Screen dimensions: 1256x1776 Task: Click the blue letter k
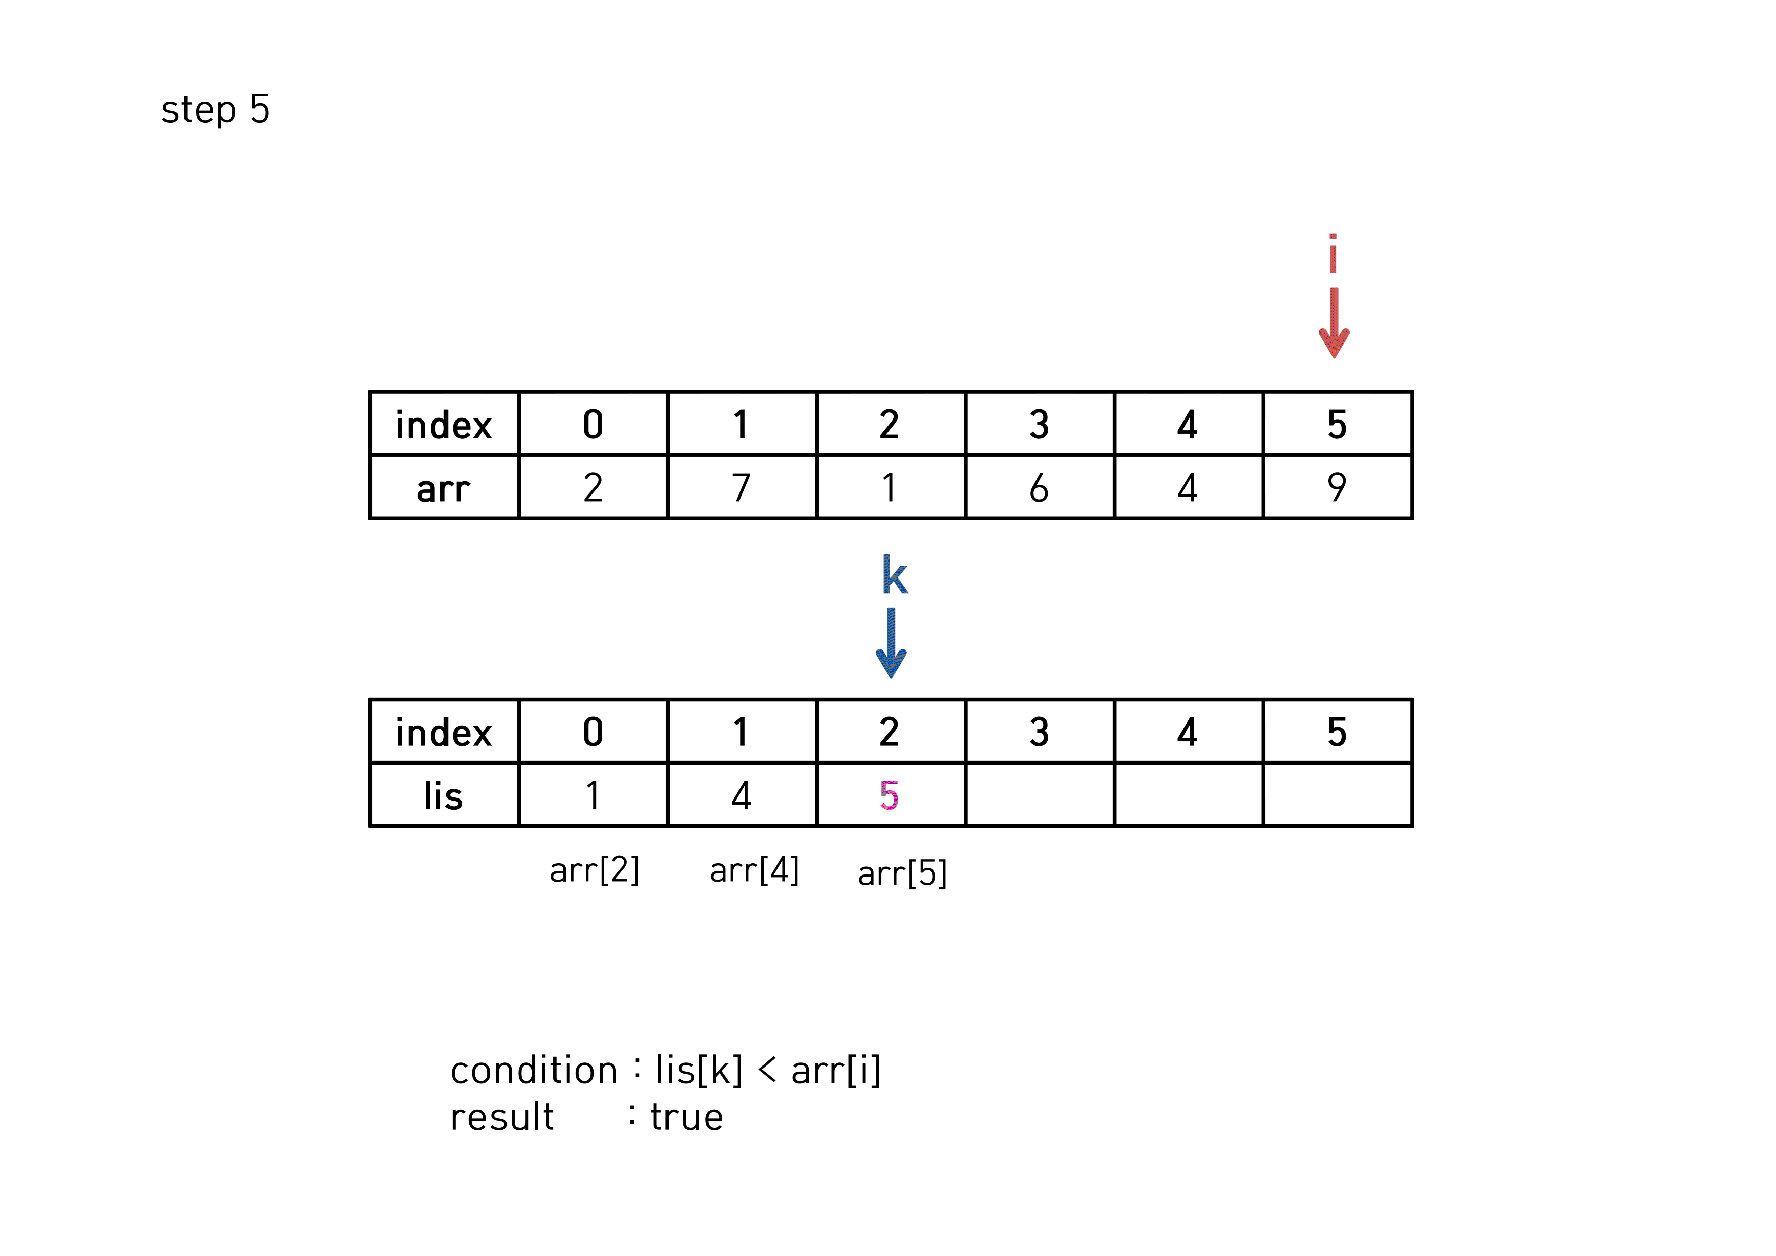(x=894, y=576)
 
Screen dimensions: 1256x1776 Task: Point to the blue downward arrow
(x=891, y=643)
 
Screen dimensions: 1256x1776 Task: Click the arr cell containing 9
(x=1337, y=487)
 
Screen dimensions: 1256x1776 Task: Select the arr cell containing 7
(x=741, y=487)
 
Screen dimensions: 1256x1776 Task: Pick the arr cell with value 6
(x=1039, y=487)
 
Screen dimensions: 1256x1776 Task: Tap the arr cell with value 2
(x=593, y=487)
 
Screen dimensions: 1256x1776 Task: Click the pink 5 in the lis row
(x=890, y=795)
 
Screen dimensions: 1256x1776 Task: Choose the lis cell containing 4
(x=741, y=795)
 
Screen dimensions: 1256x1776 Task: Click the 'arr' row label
(x=443, y=488)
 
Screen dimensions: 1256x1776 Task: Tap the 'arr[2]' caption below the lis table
(x=594, y=870)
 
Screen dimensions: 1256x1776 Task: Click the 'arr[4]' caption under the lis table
(x=754, y=870)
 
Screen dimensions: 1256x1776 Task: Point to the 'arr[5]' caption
(x=902, y=873)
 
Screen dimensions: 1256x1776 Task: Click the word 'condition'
(x=534, y=1071)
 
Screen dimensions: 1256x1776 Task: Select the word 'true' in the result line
(x=687, y=1117)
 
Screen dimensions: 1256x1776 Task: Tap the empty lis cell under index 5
(x=1337, y=795)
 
